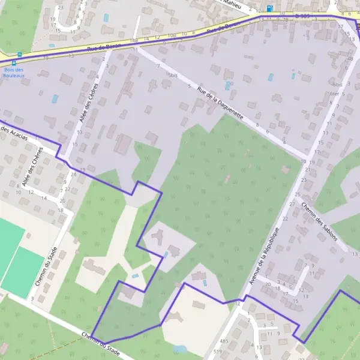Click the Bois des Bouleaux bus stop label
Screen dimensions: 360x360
click(13, 73)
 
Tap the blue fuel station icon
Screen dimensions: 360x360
click(269, 8)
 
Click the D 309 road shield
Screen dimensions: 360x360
click(303, 16)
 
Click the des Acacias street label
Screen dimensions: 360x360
click(14, 134)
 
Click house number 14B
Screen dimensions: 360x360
click(133, 40)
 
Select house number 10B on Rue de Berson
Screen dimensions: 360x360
click(172, 35)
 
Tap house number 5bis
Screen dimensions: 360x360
click(173, 75)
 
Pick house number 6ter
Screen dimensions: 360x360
click(335, 94)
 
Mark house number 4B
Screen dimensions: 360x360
click(350, 59)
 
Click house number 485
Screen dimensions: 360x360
click(224, 341)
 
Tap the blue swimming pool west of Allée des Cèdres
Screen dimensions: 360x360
click(55, 98)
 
